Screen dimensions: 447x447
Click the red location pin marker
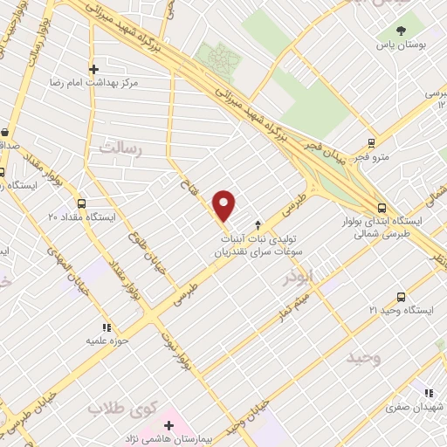(225, 204)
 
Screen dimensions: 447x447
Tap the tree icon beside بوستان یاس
(401, 31)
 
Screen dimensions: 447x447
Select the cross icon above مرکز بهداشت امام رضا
(94, 68)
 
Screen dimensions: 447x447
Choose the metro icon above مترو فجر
(372, 143)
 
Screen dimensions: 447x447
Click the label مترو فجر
(372, 157)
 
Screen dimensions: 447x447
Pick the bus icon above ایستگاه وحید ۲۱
(401, 298)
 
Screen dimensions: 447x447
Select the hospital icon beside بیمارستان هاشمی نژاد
(169, 426)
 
